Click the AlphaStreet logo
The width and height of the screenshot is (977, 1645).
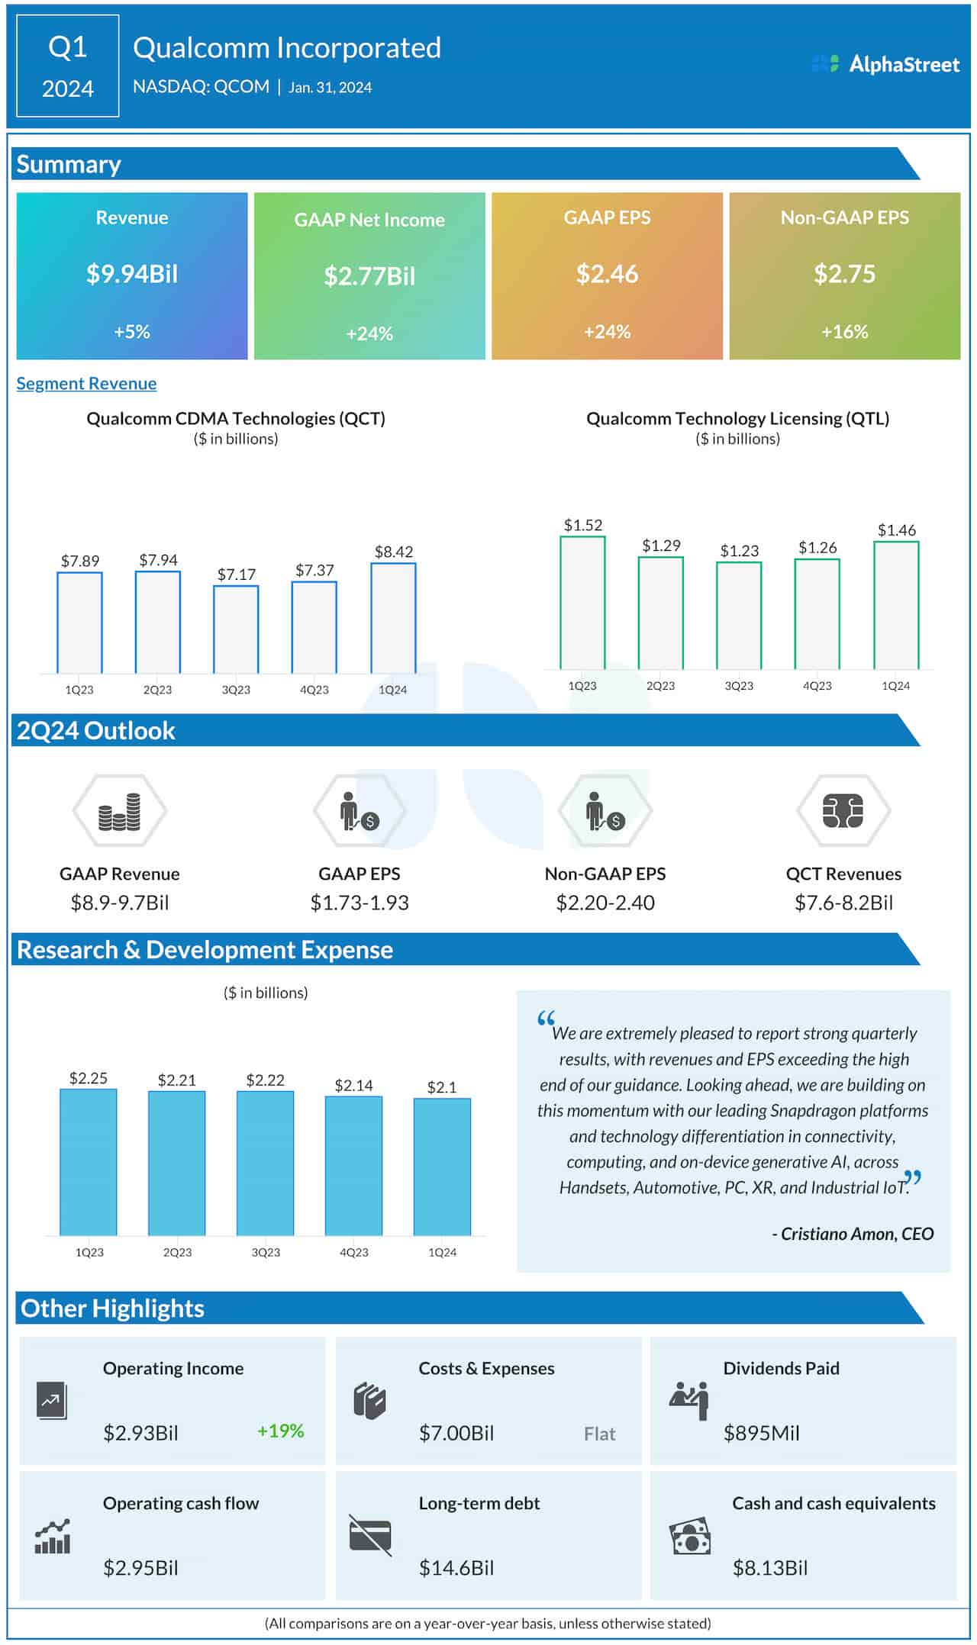click(885, 64)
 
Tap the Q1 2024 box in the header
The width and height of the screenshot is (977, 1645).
click(67, 66)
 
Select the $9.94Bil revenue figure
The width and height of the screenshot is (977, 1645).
click(132, 274)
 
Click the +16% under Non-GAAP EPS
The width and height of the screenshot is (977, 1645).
click(844, 332)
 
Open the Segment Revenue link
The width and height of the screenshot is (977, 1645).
click(86, 384)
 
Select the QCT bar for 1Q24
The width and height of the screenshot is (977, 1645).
click(393, 618)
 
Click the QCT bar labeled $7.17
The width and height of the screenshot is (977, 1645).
click(236, 629)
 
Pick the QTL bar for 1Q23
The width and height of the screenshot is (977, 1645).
click(582, 603)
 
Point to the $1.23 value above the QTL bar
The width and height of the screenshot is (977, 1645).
click(739, 551)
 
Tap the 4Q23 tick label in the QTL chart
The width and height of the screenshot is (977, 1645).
click(817, 686)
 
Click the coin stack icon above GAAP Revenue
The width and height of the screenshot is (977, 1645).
click(120, 813)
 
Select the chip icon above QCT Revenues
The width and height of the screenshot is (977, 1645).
click(843, 811)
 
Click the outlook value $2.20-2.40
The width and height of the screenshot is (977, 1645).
click(605, 903)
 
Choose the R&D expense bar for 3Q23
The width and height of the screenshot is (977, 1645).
click(265, 1163)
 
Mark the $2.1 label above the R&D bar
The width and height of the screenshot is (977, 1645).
click(442, 1087)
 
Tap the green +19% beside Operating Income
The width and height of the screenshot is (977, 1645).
click(280, 1431)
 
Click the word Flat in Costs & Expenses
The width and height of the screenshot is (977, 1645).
click(599, 1434)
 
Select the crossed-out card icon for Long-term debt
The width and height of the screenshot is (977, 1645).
click(370, 1535)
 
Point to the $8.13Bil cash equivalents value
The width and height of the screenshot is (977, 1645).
click(769, 1568)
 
